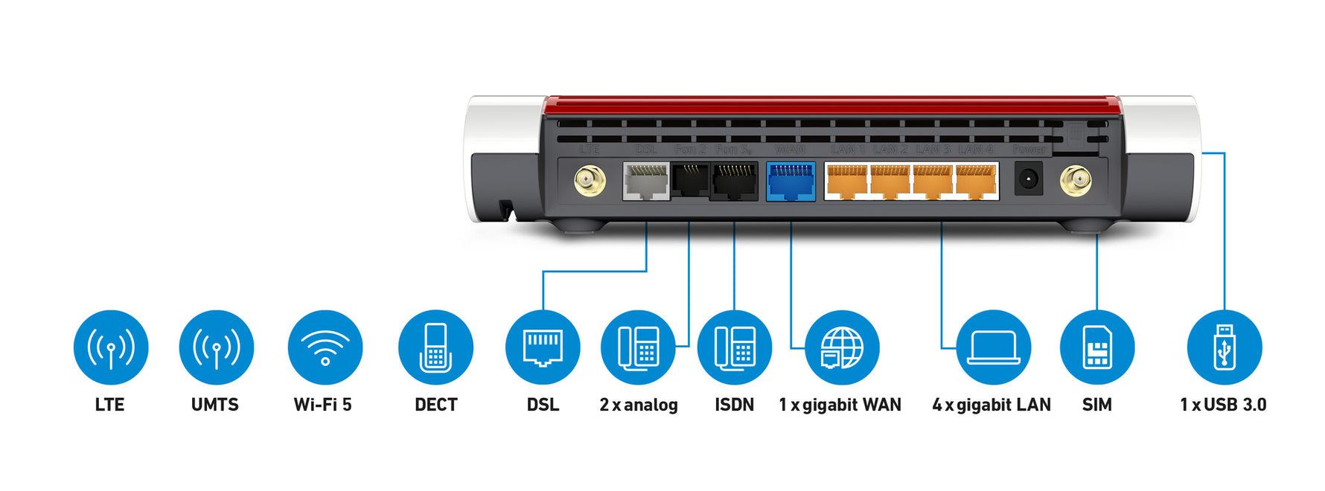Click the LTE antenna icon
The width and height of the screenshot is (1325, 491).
[x=111, y=347]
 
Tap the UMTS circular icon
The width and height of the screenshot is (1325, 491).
[x=216, y=347]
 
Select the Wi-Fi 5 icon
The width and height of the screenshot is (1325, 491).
[x=325, y=347]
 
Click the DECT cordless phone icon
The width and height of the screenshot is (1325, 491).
[x=435, y=347]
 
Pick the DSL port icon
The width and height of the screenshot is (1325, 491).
[x=543, y=347]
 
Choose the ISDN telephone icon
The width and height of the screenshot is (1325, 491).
[x=734, y=347]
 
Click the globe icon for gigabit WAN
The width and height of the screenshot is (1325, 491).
[x=842, y=347]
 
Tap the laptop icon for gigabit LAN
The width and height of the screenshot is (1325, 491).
[x=993, y=347]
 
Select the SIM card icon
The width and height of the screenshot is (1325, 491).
[x=1096, y=347]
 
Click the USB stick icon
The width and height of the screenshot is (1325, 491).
[x=1224, y=347]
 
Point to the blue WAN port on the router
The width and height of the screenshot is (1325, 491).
[x=791, y=182]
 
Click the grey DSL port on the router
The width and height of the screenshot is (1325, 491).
[x=646, y=182]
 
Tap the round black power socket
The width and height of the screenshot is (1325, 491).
[x=1028, y=180]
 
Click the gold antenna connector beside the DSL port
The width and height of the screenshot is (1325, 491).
[x=590, y=180]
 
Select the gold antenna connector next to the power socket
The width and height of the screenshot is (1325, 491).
[x=1075, y=180]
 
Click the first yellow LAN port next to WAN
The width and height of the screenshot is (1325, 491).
[x=847, y=182]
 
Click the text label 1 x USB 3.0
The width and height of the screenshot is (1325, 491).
[x=1222, y=405]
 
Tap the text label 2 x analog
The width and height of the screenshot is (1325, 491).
[x=639, y=405]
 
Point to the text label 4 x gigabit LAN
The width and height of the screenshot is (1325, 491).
[x=991, y=405]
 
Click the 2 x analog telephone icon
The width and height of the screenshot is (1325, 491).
[x=638, y=347]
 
